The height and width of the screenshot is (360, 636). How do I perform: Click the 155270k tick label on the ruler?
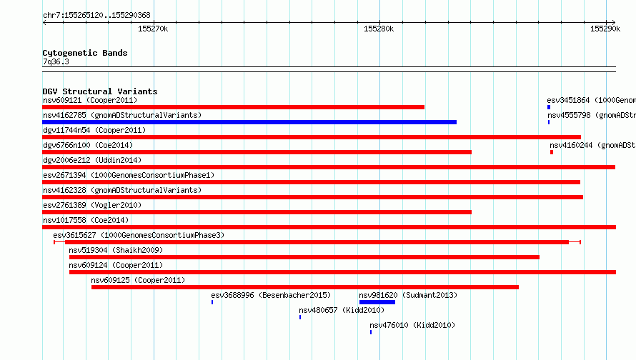152,29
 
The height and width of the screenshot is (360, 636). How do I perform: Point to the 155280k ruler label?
379,29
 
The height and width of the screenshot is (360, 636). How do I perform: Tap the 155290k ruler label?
605,29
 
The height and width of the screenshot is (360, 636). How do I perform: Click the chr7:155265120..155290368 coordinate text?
96,15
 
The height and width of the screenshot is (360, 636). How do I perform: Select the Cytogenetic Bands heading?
85,53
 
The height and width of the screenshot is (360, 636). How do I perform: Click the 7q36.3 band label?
56,61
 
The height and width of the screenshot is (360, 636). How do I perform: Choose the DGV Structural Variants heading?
100,91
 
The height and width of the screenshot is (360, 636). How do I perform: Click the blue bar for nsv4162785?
249,122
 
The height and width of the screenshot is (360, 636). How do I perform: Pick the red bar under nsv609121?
233,107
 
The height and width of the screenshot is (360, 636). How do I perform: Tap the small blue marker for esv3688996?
212,302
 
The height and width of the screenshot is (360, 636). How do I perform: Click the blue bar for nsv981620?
377,302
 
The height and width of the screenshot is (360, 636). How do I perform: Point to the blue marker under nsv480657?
300,317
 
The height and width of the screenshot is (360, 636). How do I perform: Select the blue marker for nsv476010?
371,332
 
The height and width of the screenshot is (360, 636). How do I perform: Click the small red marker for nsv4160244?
552,152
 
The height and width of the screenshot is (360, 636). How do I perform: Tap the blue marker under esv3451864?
549,107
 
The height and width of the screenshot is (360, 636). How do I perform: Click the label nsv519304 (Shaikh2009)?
116,250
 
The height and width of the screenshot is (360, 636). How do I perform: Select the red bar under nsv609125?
305,287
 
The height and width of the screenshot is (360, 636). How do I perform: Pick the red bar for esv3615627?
317,242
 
